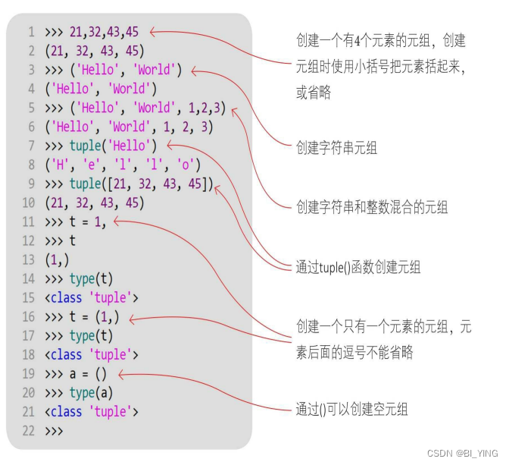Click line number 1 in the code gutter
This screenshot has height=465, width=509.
click(31, 32)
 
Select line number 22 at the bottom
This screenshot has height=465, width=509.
click(28, 430)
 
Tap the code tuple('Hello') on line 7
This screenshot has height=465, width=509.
click(113, 146)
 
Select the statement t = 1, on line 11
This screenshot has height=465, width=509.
click(93, 222)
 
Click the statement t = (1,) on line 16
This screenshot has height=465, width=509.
click(94, 316)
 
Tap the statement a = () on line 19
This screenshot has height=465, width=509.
click(89, 373)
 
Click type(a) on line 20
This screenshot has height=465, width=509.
click(92, 392)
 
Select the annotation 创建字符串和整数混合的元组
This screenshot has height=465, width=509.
click(371, 206)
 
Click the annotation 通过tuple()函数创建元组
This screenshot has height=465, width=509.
click(358, 266)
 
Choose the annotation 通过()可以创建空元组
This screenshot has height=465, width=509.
click(351, 409)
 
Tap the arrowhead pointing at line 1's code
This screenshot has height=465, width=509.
click(152, 32)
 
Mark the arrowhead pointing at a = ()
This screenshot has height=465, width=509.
click(121, 374)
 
